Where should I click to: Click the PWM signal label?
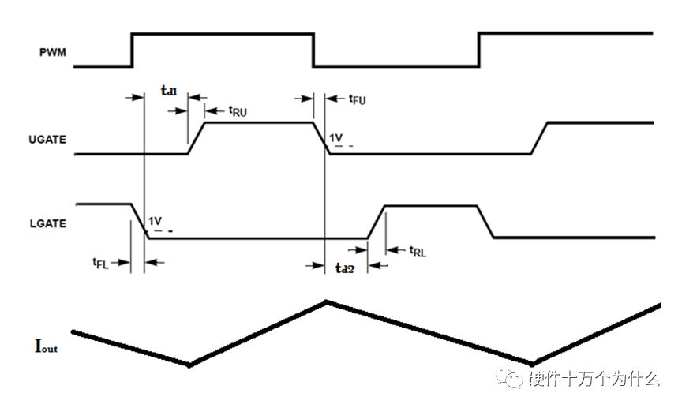[53, 54]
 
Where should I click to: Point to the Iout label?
[47, 344]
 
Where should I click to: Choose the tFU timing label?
[357, 99]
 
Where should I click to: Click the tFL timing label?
[99, 263]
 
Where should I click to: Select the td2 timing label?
[344, 268]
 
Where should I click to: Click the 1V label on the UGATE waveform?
[336, 139]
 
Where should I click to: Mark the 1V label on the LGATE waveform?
[155, 220]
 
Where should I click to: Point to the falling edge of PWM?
[313, 50]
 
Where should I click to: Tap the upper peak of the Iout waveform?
[326, 301]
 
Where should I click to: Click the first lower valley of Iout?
[189, 365]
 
